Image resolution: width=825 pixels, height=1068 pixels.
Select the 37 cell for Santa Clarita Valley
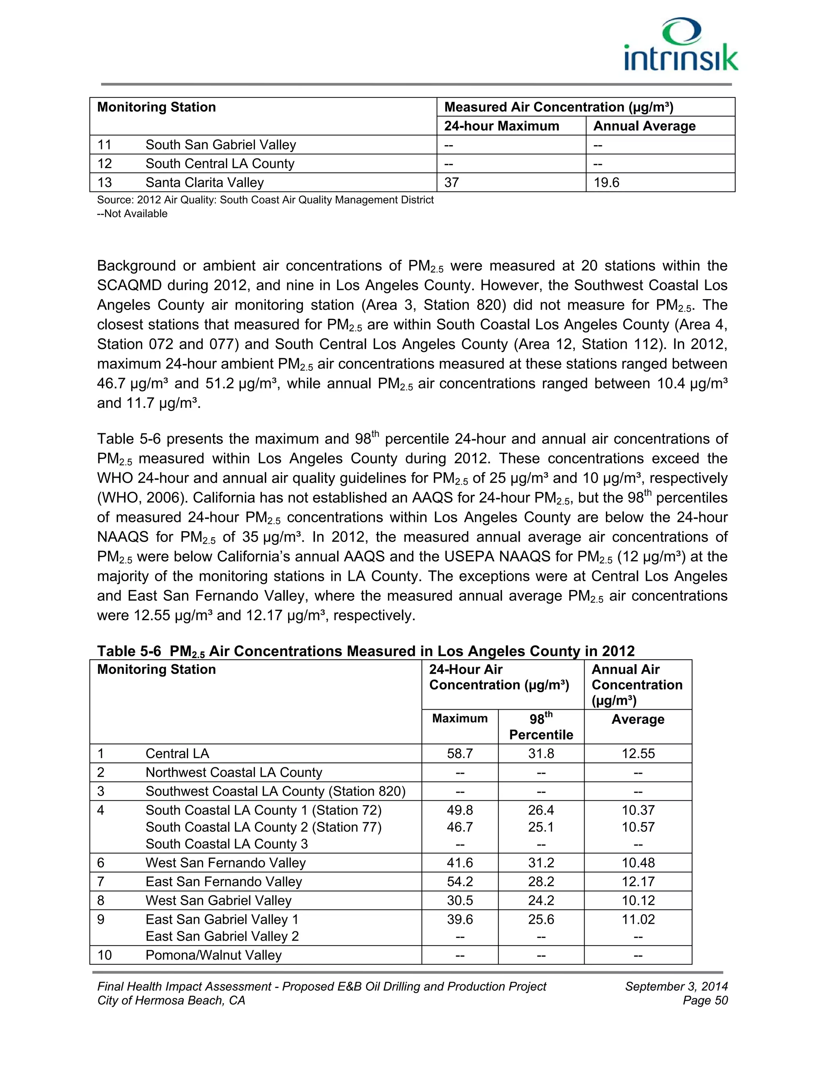(452, 183)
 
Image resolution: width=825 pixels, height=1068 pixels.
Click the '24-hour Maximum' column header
(502, 126)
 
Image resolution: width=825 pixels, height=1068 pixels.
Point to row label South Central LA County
(220, 163)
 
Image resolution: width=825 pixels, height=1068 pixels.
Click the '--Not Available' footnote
(133, 214)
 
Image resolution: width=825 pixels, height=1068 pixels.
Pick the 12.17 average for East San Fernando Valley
(638, 882)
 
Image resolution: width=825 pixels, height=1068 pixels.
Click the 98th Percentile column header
(541, 727)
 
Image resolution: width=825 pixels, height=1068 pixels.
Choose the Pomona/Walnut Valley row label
(213, 955)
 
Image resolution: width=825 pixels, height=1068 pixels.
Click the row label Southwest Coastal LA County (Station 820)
(275, 791)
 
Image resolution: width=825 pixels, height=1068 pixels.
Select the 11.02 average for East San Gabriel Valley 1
(638, 919)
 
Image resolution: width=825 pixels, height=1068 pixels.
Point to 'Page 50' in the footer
(705, 1001)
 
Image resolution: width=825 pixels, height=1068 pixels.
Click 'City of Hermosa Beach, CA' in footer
(171, 1001)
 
